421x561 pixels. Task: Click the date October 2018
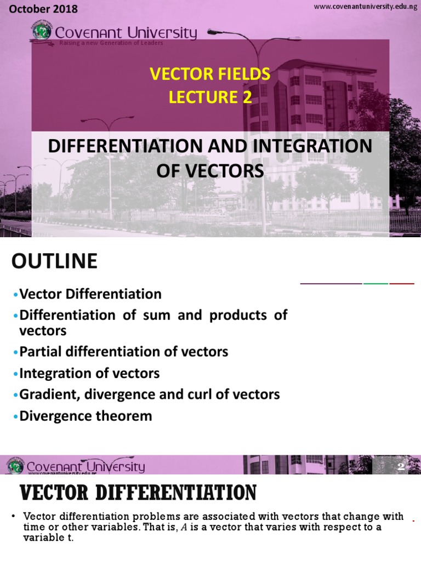pyautogui.click(x=44, y=9)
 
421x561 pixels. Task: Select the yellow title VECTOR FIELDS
pyautogui.click(x=210, y=74)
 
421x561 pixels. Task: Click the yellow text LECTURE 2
pyautogui.click(x=210, y=97)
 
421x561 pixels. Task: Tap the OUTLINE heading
pyautogui.click(x=54, y=261)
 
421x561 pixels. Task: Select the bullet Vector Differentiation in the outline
pyautogui.click(x=90, y=294)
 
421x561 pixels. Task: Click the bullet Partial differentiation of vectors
pyautogui.click(x=123, y=352)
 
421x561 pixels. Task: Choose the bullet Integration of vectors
pyautogui.click(x=89, y=374)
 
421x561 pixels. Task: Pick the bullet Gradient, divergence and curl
pyautogui.click(x=149, y=394)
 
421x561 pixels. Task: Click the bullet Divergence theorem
pyautogui.click(x=86, y=416)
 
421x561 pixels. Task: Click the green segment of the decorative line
pyautogui.click(x=376, y=283)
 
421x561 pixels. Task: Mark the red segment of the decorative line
pyautogui.click(x=402, y=283)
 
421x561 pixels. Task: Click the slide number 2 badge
pyautogui.click(x=401, y=467)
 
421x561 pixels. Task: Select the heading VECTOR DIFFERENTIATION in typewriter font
pyautogui.click(x=138, y=493)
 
